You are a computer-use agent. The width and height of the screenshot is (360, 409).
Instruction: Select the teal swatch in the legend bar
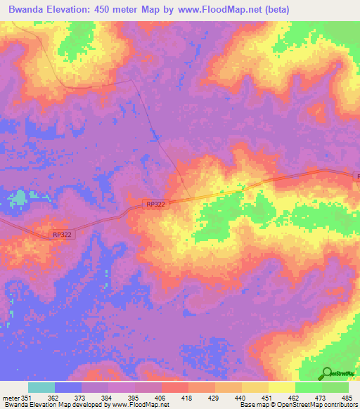tap(41, 387)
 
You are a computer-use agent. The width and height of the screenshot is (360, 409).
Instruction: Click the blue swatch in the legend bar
tap(68, 387)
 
